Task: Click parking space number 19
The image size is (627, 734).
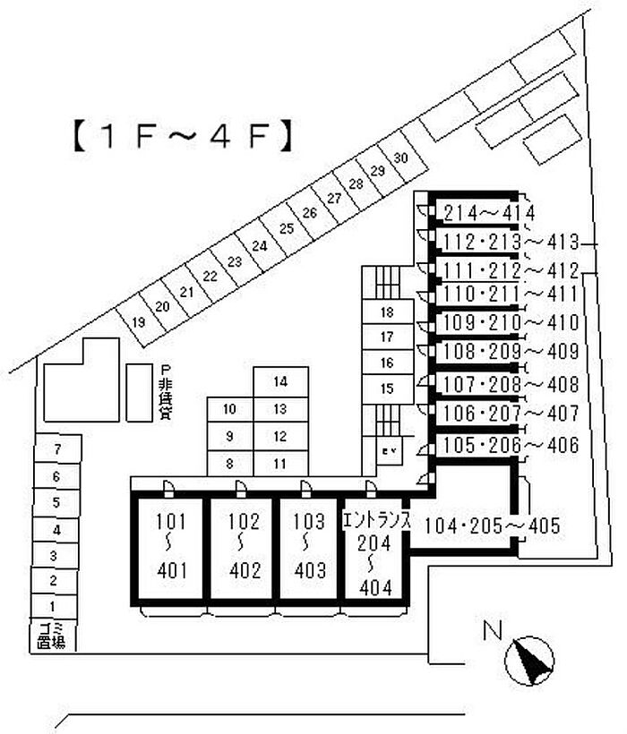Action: tap(138, 322)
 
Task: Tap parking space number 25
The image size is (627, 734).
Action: tap(286, 229)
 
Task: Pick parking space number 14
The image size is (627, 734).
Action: tap(280, 382)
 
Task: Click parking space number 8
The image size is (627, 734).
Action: tap(229, 464)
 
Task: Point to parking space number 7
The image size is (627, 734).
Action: tap(56, 448)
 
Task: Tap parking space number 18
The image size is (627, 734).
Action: tap(387, 312)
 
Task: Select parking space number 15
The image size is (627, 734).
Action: tap(387, 388)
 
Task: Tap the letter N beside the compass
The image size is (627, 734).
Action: tap(491, 631)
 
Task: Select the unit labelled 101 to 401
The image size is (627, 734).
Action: tap(169, 546)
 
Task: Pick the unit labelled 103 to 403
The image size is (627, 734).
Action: tap(309, 546)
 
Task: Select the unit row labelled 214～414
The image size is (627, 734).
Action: tap(489, 213)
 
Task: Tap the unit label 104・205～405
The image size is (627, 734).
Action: tap(492, 525)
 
